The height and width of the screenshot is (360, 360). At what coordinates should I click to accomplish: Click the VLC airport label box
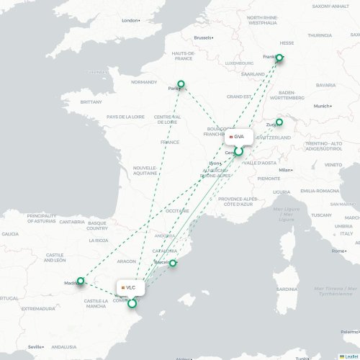pyautogui.click(x=130, y=287)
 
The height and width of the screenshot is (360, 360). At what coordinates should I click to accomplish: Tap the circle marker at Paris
pyautogui.click(x=181, y=84)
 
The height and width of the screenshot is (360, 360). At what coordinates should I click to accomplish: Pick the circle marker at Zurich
pyautogui.click(x=279, y=122)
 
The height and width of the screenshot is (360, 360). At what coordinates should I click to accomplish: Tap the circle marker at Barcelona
pyautogui.click(x=173, y=263)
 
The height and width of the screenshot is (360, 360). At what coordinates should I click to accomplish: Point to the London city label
pyautogui.click(x=130, y=20)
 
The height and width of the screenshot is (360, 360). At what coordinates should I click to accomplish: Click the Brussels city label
pyautogui.click(x=204, y=37)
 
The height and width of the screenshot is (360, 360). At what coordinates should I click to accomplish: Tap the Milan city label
pyautogui.click(x=285, y=170)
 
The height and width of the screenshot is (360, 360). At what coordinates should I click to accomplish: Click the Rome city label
pyautogui.click(x=338, y=251)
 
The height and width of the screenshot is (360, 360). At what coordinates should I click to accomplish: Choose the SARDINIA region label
pyautogui.click(x=287, y=289)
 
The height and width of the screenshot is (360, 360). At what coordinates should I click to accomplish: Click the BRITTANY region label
pyautogui.click(x=91, y=102)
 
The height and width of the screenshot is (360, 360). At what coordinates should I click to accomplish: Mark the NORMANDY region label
pyautogui.click(x=144, y=82)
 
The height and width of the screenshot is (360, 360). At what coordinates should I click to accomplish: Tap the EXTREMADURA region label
pyautogui.click(x=37, y=309)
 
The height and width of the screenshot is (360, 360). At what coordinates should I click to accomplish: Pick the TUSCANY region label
pyautogui.click(x=321, y=215)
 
